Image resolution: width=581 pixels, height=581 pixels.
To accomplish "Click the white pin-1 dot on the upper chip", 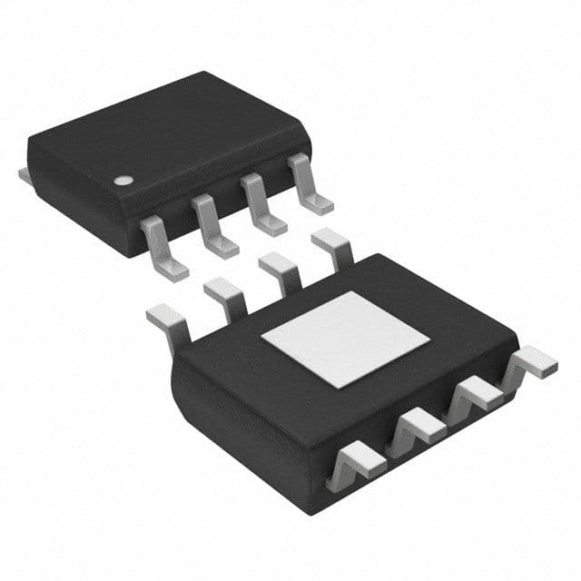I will coord(121,180).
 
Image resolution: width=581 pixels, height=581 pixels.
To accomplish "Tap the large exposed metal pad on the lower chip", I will coord(345,340).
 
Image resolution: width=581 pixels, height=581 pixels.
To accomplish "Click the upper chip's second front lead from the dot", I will coord(212,226).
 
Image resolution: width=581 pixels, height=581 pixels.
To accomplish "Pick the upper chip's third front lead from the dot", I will coord(260,205).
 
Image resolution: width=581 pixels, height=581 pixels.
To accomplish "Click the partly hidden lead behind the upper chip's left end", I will coord(25,172).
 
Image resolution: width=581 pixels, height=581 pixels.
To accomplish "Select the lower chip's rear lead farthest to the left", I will coord(169,318).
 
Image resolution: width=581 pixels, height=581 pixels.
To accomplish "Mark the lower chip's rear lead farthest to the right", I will coord(332,246).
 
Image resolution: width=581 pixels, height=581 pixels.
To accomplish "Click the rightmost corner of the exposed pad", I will coord(430,340).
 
